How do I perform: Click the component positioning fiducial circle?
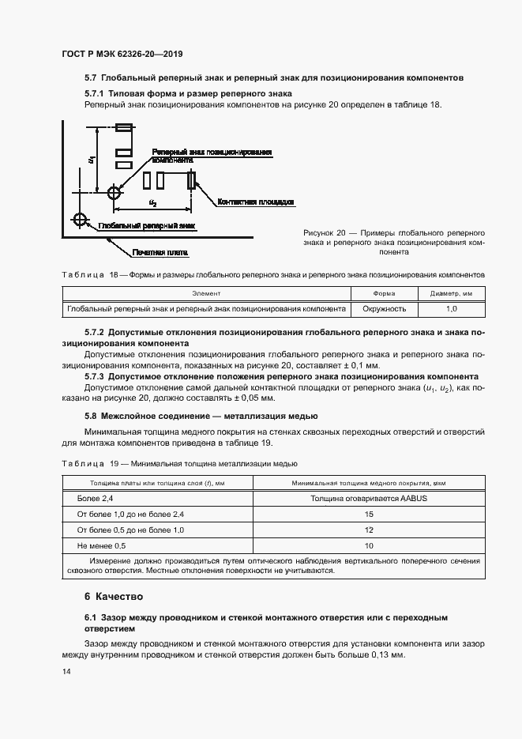coord(114,192)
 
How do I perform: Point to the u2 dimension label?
coord(152,204)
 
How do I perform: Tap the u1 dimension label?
coord(92,159)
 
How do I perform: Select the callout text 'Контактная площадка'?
coord(256,202)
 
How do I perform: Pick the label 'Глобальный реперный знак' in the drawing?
coord(147,226)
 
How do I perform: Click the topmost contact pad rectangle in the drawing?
coord(123,127)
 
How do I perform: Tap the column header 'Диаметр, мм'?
coord(451,292)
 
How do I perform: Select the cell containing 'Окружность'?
coord(385,309)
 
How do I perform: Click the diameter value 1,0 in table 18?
coord(451,309)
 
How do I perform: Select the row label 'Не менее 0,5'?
coord(101,546)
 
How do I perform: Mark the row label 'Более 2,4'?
coord(96,499)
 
